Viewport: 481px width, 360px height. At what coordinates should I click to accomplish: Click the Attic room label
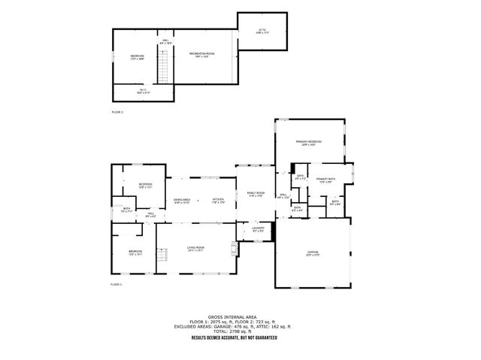click(262, 31)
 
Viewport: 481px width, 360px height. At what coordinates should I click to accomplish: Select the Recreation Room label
click(198, 56)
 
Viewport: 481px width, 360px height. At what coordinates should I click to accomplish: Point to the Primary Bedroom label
click(309, 143)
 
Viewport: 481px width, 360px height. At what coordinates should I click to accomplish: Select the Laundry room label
click(258, 229)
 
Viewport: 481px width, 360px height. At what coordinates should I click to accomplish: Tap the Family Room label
click(256, 195)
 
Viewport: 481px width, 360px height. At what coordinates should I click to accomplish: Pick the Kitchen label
click(218, 201)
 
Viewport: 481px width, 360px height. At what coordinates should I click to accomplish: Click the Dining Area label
click(182, 201)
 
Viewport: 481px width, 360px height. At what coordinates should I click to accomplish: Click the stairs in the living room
click(161, 258)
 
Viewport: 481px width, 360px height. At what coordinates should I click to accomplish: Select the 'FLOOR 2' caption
click(116, 111)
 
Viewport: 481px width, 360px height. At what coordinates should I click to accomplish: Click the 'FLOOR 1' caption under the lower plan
click(116, 285)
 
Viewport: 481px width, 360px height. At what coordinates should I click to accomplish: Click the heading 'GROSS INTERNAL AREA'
click(240, 317)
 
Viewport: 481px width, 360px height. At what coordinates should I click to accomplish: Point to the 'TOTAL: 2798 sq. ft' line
click(240, 331)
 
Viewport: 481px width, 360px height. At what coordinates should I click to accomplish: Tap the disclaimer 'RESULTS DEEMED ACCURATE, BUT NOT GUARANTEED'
click(240, 338)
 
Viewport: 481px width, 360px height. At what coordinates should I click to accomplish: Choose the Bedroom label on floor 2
click(137, 56)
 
